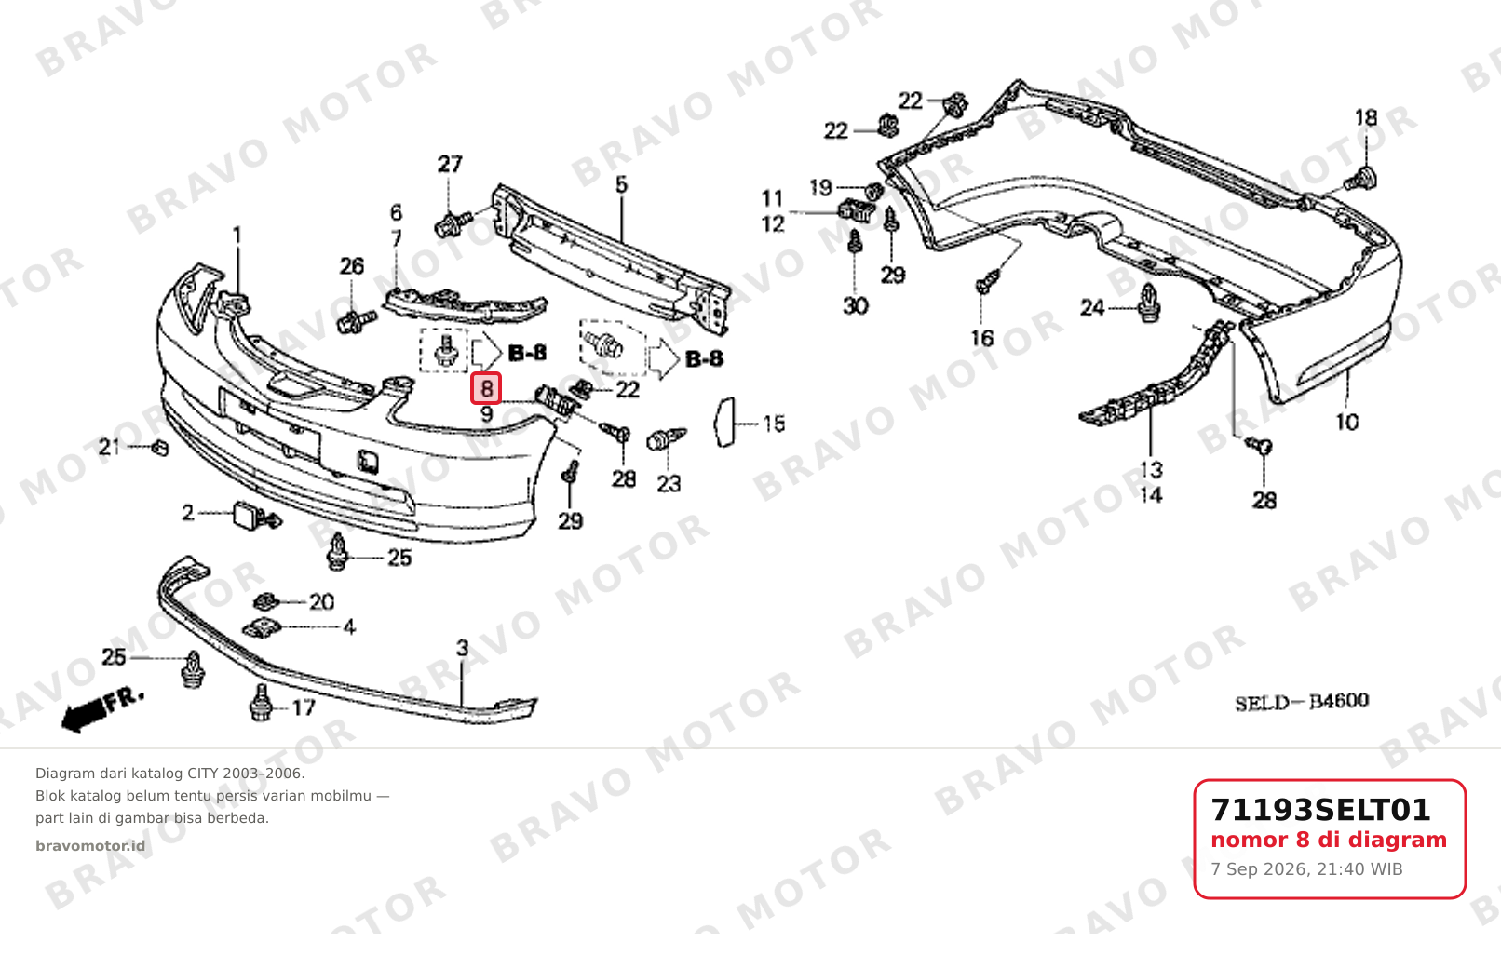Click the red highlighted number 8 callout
pyautogui.click(x=486, y=388)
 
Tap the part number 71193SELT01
pyautogui.click(x=1320, y=810)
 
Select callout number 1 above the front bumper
pyautogui.click(x=237, y=236)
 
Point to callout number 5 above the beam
pyautogui.click(x=621, y=185)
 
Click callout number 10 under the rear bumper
pyautogui.click(x=1346, y=423)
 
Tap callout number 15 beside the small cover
pyautogui.click(x=773, y=424)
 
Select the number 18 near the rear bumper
pyautogui.click(x=1366, y=118)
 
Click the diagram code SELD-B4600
pyautogui.click(x=1302, y=702)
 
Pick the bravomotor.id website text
pyautogui.click(x=90, y=846)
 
